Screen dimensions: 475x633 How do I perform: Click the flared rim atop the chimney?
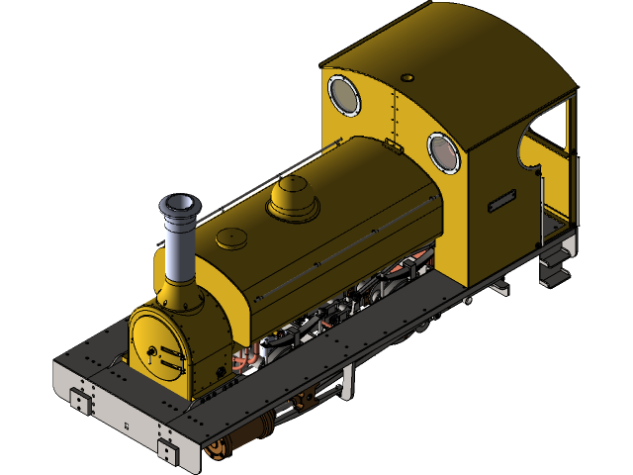point(180,205)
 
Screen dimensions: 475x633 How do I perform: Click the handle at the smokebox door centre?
point(151,351)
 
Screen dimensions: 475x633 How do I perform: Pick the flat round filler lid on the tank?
point(231,237)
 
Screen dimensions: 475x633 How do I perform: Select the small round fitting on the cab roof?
point(407,76)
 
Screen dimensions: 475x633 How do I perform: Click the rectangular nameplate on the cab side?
point(501,200)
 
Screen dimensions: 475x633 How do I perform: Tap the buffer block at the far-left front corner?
point(78,401)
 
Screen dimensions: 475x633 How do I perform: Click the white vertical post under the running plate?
point(348,381)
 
